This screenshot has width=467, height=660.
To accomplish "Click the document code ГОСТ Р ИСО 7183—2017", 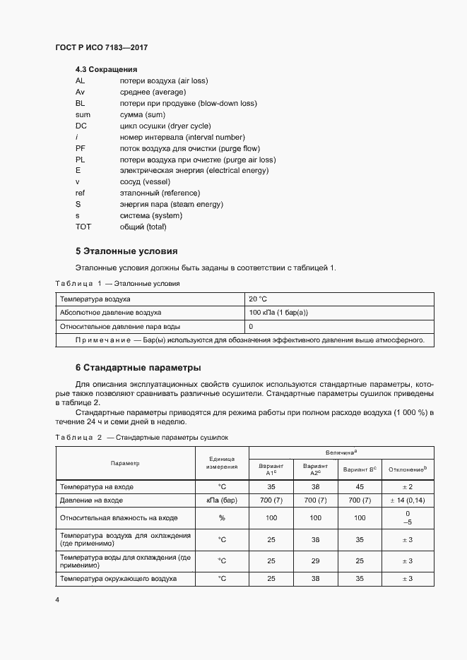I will tap(102, 47).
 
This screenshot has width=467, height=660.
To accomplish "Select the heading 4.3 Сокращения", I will tap(106, 70).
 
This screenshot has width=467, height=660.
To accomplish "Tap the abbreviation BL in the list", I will tap(80, 103).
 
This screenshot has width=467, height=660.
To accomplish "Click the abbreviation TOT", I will tap(83, 227).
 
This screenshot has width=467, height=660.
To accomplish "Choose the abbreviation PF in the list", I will tap(80, 148).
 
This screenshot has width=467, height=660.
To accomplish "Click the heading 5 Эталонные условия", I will tap(126, 251).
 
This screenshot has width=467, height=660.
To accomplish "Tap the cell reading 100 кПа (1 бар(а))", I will tap(278, 312).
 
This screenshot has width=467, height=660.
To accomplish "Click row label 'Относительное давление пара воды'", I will tap(120, 327).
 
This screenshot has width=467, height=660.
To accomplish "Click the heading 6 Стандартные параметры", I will tap(138, 367).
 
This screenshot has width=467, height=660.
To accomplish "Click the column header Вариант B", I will tap(360, 469).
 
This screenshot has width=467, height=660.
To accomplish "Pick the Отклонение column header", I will tap(407, 469).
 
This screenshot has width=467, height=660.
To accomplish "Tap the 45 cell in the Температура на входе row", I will tap(360, 486).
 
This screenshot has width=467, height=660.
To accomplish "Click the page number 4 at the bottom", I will tap(57, 599).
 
